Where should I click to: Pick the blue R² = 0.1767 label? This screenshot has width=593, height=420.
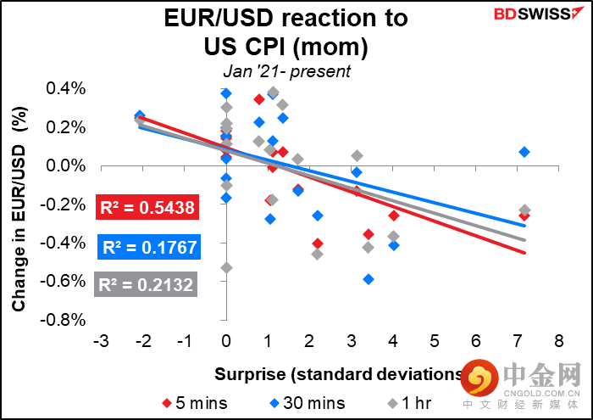pyautogui.click(x=148, y=248)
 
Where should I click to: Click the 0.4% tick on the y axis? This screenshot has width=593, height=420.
pyautogui.click(x=66, y=89)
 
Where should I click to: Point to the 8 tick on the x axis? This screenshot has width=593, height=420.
pyautogui.click(x=558, y=341)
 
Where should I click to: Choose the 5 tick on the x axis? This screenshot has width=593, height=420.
pyautogui.click(x=434, y=341)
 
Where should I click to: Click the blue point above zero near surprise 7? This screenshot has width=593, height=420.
pyautogui.click(x=524, y=152)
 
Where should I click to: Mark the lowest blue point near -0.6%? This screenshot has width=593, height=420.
pyautogui.click(x=369, y=279)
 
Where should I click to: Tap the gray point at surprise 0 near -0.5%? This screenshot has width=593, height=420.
pyautogui.click(x=226, y=268)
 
